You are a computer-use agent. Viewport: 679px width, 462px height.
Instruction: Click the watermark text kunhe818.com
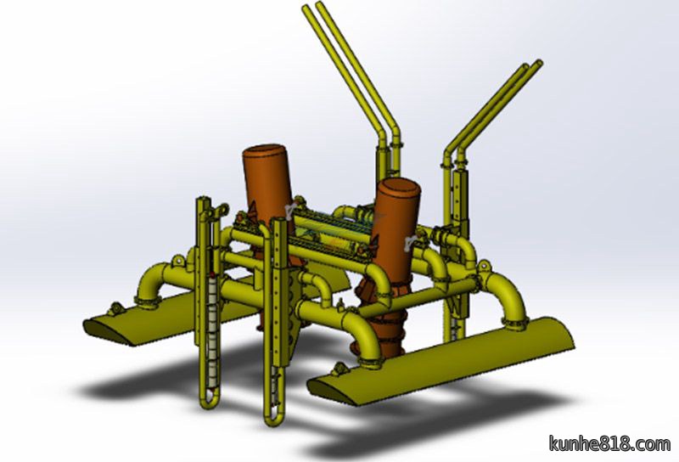[x=609, y=444]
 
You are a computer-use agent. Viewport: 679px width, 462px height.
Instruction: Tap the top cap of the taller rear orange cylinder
[x=266, y=154]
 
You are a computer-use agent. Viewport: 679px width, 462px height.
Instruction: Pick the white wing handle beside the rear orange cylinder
[x=292, y=207]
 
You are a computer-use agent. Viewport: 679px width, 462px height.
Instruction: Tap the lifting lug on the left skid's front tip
[x=115, y=308]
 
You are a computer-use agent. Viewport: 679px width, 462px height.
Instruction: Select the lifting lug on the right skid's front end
[x=340, y=369]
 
